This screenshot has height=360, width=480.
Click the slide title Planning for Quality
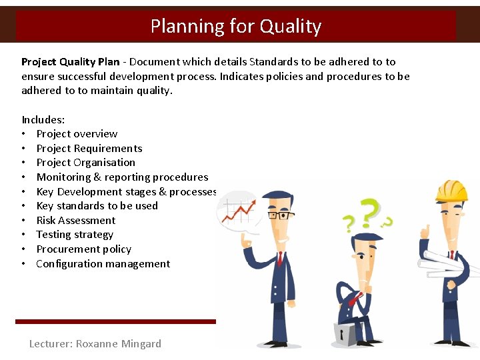click(236, 26)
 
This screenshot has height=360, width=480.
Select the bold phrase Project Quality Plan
click(70, 61)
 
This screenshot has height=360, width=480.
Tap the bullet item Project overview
click(77, 134)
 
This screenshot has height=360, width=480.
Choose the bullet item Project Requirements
click(89, 148)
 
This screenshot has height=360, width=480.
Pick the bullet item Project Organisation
click(85, 163)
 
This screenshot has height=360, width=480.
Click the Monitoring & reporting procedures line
click(122, 177)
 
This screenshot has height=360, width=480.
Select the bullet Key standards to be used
click(97, 206)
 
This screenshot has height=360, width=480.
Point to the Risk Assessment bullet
click(75, 221)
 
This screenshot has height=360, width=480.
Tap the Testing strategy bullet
click(75, 235)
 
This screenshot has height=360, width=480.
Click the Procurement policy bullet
click(83, 249)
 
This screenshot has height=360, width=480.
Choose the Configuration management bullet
click(103, 264)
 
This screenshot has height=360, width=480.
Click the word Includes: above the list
click(43, 120)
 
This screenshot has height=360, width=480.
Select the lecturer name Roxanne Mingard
click(119, 344)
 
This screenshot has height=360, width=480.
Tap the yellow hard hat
click(451, 191)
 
